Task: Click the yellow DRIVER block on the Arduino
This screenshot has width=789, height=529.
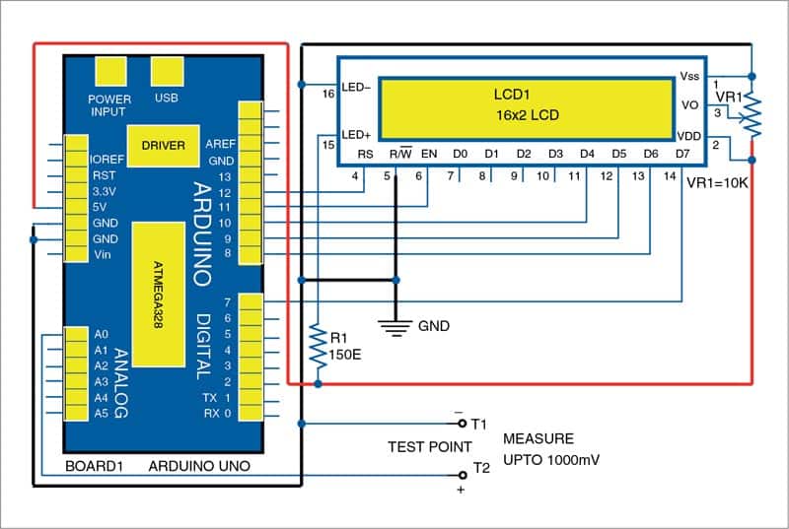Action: coord(163,145)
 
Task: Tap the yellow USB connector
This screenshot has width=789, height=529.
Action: coord(166,73)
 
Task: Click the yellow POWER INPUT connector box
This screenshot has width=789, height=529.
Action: coord(109,73)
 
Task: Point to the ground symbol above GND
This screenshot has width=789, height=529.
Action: coord(396,326)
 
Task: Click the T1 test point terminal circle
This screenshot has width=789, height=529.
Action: coord(463,424)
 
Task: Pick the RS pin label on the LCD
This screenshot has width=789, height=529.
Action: coord(365,154)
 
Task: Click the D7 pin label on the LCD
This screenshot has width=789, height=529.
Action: coord(682,154)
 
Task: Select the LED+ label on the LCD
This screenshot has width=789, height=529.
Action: coord(356,134)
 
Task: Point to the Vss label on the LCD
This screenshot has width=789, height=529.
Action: coord(689,76)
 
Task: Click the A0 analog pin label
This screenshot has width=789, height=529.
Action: coord(101,335)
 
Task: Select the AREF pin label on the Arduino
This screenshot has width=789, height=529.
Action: coord(220,144)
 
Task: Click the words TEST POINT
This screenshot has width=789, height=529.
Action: coord(429,446)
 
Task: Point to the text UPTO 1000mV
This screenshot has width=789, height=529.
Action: coord(552,460)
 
